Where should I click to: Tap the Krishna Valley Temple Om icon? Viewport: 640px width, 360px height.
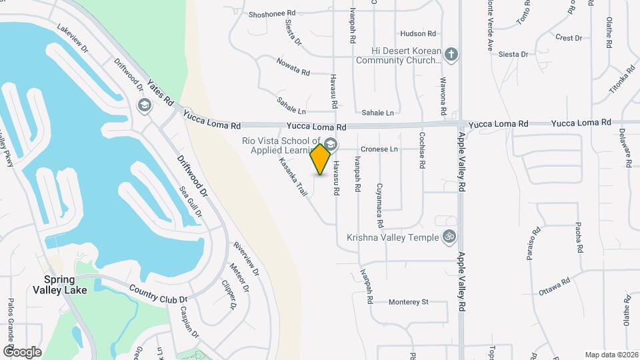449,237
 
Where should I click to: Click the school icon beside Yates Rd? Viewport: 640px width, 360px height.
143,105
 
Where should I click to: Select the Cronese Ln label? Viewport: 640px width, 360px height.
379,149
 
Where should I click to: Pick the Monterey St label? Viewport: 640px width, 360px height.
408,301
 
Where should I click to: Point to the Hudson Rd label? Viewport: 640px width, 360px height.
418,33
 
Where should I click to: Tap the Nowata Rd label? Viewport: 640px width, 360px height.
293,67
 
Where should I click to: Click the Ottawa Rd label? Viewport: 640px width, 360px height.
555,287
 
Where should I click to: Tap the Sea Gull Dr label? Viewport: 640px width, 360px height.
191,201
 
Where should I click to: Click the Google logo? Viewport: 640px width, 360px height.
22,351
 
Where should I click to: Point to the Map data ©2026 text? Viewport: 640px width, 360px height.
611,355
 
